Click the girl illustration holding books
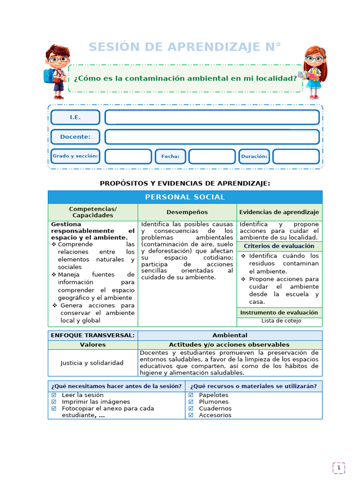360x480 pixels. coord(314,72)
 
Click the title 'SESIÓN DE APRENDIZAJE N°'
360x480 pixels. coord(185,47)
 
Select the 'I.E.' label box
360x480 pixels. coord(75,117)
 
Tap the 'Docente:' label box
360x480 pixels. coord(75,137)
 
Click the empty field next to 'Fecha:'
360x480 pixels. coord(212,156)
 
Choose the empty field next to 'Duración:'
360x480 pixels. coord(296,156)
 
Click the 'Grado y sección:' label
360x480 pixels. coord(75,156)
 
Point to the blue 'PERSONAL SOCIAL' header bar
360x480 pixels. coord(185,197)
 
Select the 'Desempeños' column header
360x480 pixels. coord(187,212)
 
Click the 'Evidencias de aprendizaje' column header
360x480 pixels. coord(279,212)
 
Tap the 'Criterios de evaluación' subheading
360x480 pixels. coord(279,246)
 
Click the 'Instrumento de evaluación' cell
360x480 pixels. coord(279,313)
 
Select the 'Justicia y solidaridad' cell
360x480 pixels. coord(92,363)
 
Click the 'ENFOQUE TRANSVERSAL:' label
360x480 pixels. coord(92,335)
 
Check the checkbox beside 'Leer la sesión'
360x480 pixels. coord(54,395)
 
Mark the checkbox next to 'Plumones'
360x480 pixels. coord(191,402)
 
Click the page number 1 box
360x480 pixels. coord(338,467)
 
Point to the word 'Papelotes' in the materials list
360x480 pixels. coord(214,395)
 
